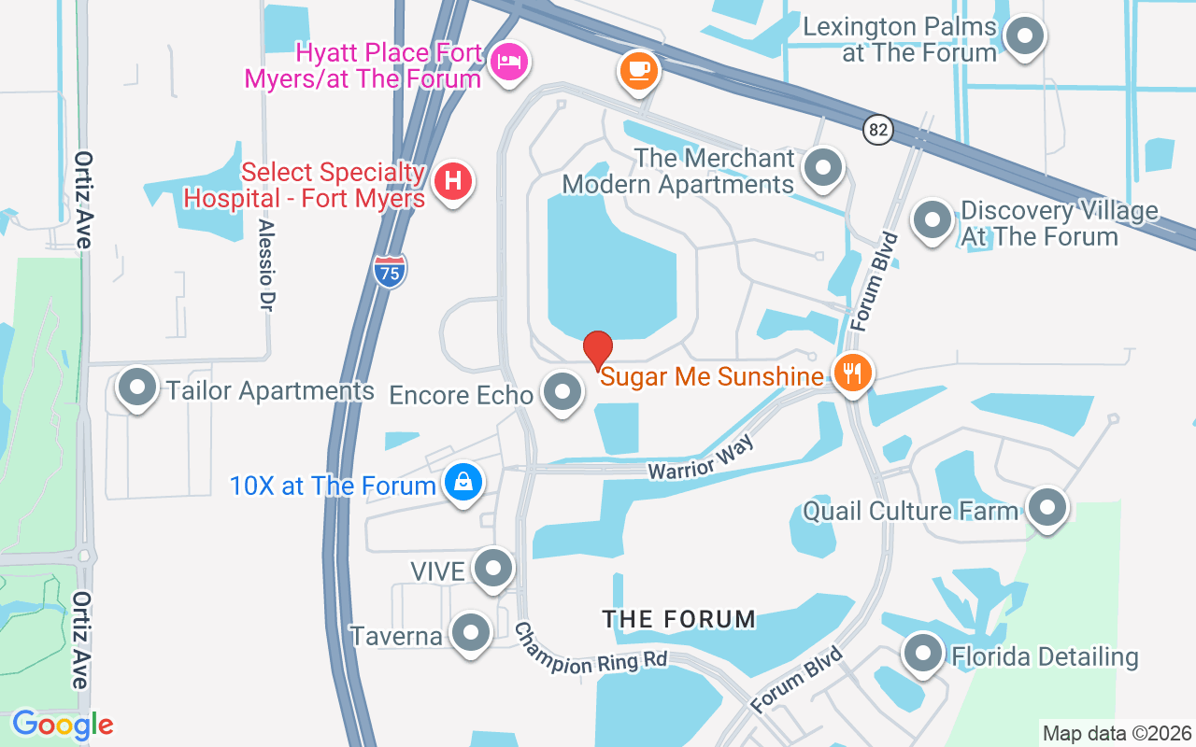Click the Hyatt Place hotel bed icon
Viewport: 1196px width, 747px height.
click(509, 63)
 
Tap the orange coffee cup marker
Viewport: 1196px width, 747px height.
click(639, 69)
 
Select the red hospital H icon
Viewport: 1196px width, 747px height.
click(453, 179)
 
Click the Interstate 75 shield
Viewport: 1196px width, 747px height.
click(390, 271)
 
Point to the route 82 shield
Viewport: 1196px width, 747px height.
click(877, 131)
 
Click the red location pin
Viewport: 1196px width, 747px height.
click(598, 351)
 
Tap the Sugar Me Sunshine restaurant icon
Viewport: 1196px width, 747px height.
click(851, 373)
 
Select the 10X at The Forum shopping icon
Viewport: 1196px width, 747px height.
click(463, 483)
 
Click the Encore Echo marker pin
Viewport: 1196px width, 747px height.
click(562, 392)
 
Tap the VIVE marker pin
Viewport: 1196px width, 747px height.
click(492, 568)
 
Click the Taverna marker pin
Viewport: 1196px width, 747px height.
click(470, 633)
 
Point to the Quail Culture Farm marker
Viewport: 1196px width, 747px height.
click(1046, 508)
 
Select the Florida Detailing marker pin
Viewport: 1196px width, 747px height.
click(923, 654)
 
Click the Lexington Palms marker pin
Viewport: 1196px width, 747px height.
click(1025, 37)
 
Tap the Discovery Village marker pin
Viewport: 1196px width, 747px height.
click(932, 220)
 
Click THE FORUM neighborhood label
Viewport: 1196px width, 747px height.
click(678, 619)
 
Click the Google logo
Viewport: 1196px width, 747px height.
click(63, 725)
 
